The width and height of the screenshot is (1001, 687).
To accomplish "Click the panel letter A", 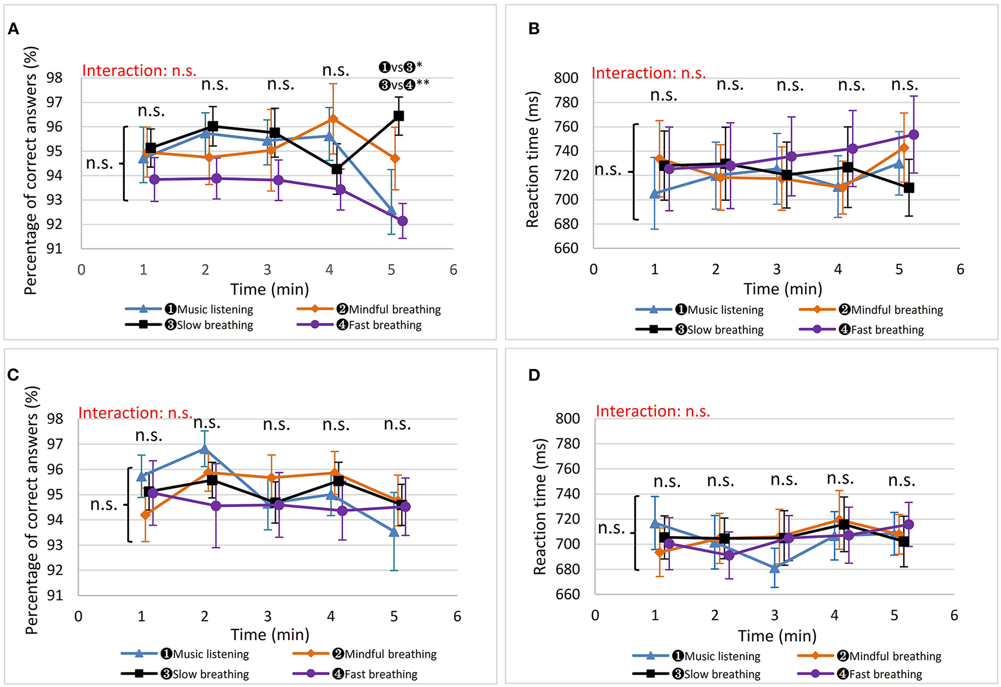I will (x=14, y=29).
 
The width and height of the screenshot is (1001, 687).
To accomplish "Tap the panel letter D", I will (x=534, y=375).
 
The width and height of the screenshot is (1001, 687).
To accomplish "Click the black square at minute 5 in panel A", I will (x=399, y=116).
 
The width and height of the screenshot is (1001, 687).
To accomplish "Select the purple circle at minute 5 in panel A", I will (x=402, y=221).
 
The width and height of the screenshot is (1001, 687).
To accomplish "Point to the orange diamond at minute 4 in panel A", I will (x=333, y=119).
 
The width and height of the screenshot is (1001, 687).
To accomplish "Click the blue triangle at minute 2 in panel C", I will (x=204, y=449).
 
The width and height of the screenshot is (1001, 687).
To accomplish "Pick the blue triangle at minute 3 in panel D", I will (x=774, y=568).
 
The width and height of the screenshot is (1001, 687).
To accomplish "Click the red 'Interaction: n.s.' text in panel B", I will (x=649, y=73).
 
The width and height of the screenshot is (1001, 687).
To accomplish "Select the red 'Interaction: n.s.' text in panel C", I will (x=136, y=413).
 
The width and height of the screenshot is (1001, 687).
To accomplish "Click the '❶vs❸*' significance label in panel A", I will (x=400, y=67).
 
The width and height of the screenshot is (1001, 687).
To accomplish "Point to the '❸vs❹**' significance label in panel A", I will (x=403, y=85).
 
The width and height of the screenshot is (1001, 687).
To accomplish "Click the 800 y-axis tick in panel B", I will (x=566, y=78).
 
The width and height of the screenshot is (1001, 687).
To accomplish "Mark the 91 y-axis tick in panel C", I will (x=55, y=596).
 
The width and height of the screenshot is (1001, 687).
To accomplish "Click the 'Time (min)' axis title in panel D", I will (x=777, y=636).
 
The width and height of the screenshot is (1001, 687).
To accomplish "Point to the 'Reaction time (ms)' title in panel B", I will (x=533, y=160).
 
